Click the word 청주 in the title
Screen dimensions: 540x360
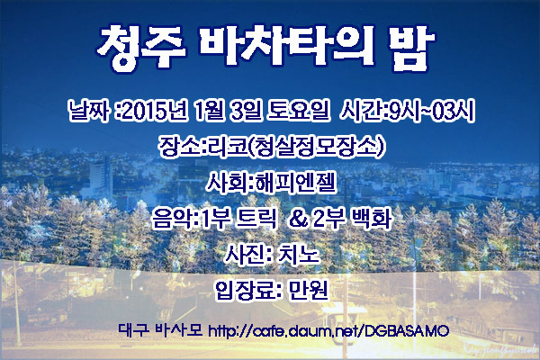coord(141,48)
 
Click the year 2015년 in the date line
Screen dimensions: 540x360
coord(155,111)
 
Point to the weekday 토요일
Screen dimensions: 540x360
coord(298,111)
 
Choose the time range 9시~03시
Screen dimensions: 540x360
coord(433,111)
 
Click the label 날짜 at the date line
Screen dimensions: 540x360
coord(89,111)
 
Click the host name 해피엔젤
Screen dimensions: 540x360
coord(295,183)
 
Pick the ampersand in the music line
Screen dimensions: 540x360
coord(299,219)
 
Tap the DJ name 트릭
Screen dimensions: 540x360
coord(256,219)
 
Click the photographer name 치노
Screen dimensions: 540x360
coord(300,255)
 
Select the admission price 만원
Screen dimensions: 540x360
coord(308,291)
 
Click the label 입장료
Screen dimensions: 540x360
coord(245,291)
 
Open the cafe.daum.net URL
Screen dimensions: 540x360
coord(328,330)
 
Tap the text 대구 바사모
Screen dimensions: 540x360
coord(160,330)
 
